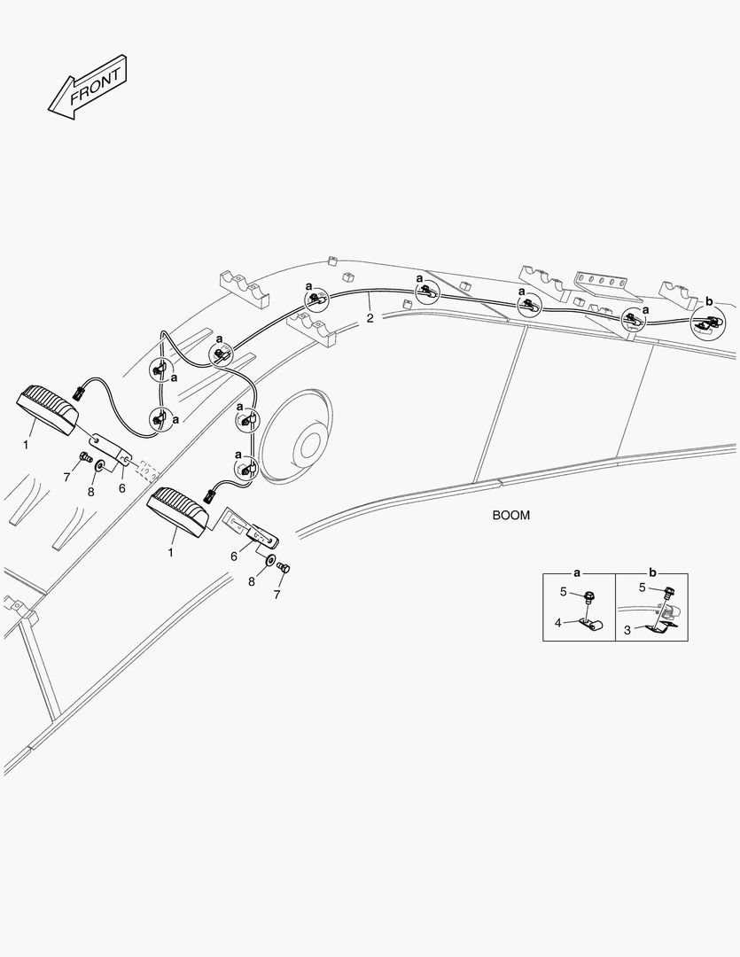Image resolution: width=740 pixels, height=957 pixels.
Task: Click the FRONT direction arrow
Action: (x=88, y=87)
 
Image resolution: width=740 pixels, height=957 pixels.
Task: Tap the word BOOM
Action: (x=511, y=515)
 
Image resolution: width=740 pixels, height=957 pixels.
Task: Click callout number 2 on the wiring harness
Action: (x=370, y=318)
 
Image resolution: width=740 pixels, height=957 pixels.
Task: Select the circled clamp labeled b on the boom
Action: (x=708, y=323)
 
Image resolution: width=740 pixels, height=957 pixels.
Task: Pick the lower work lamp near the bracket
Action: (x=178, y=511)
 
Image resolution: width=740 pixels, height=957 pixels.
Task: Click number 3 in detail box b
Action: (x=627, y=631)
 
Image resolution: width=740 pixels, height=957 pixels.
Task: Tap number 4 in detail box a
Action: (x=558, y=623)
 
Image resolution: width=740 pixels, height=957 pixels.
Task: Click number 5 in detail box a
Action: (x=564, y=591)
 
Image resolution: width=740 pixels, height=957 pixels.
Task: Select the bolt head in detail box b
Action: (x=670, y=591)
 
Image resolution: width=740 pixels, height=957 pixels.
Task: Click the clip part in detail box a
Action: (x=590, y=625)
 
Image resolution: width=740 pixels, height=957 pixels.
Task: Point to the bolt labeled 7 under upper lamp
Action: (x=85, y=456)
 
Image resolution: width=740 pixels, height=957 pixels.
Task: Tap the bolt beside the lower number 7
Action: (x=284, y=567)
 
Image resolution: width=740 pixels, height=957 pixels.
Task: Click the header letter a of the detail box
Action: (x=577, y=573)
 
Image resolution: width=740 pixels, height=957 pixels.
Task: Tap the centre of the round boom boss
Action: (x=311, y=443)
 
